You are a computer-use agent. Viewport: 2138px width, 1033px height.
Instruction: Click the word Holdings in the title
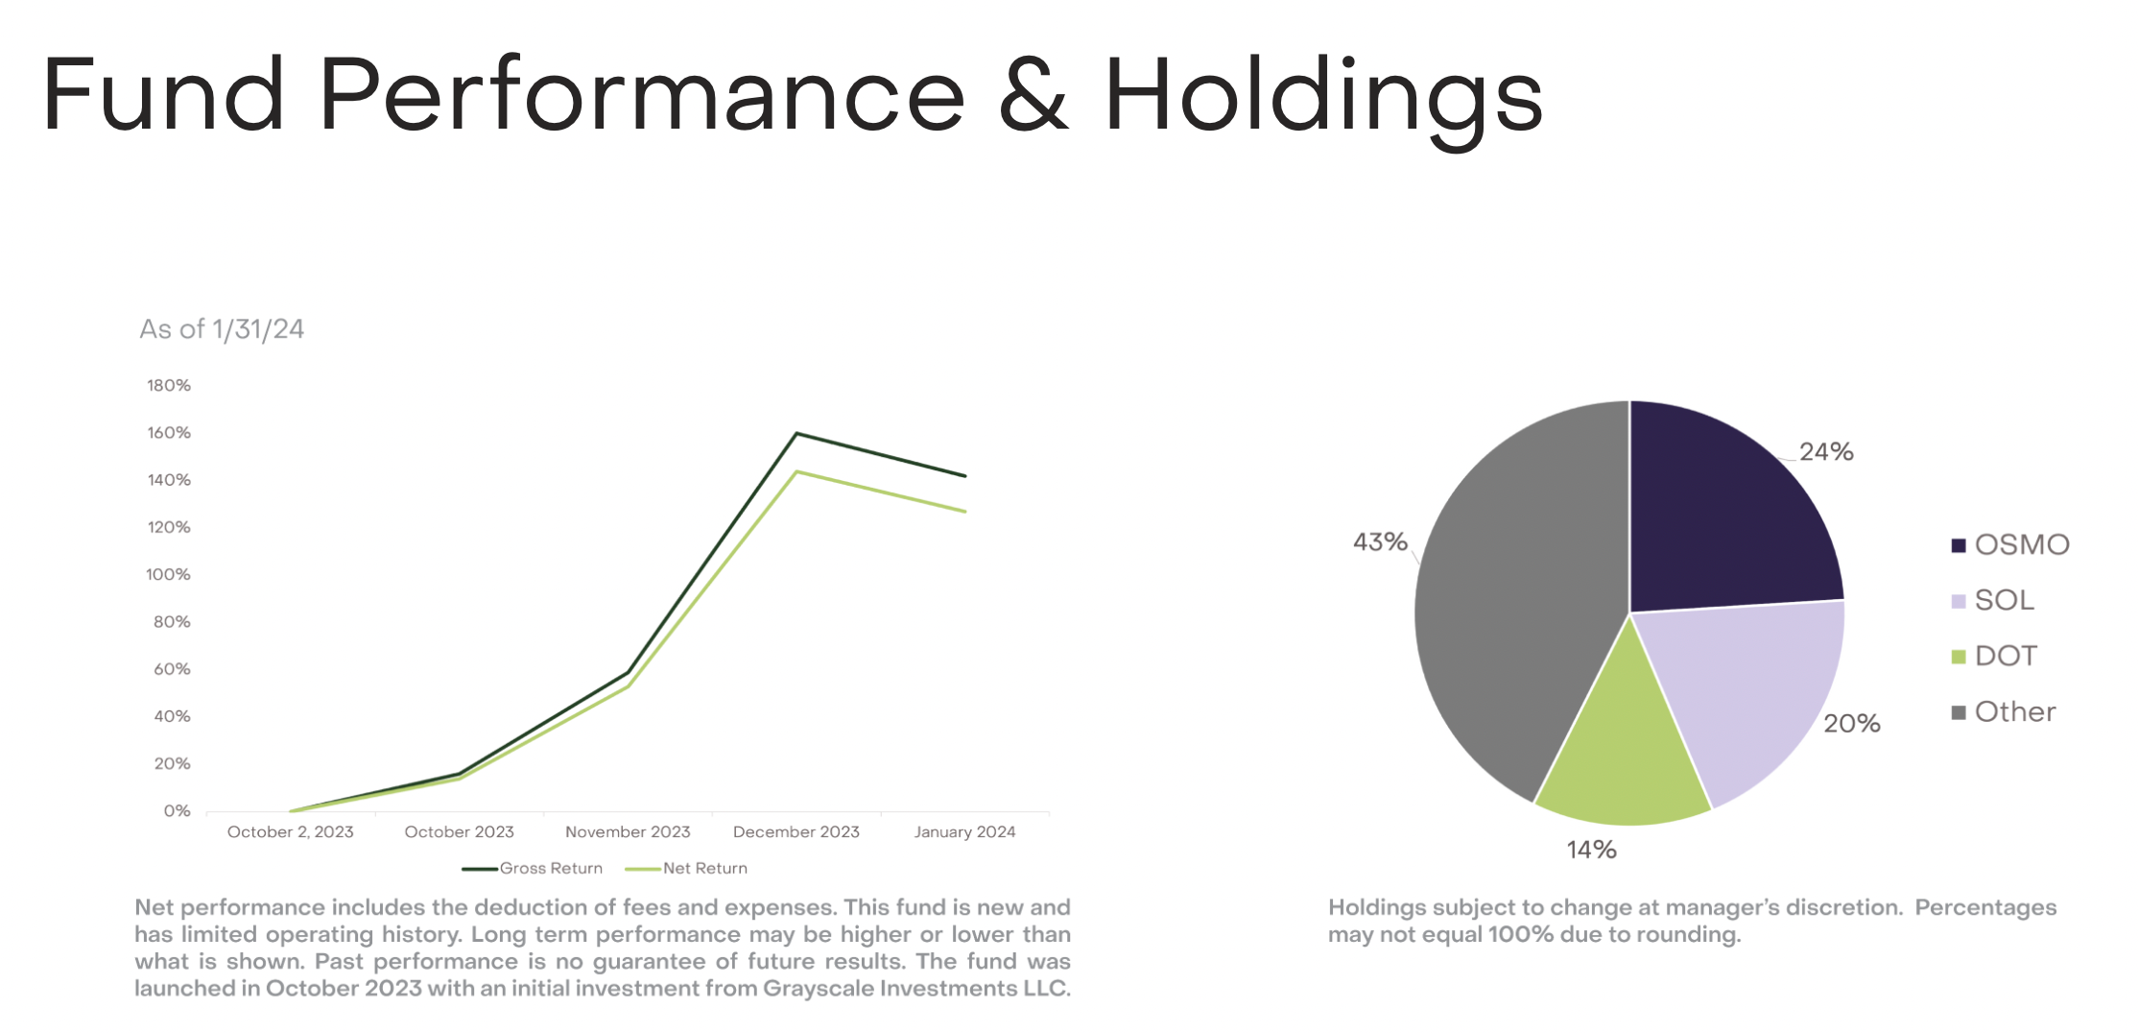[1323, 96]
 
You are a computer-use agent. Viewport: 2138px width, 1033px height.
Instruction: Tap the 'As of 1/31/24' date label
[222, 329]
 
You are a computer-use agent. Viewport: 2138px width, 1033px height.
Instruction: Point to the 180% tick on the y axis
[169, 386]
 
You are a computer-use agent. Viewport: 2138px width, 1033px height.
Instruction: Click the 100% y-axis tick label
[169, 575]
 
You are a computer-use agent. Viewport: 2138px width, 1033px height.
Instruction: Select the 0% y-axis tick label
[177, 811]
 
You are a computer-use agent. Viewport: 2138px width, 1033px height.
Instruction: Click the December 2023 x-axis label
[796, 832]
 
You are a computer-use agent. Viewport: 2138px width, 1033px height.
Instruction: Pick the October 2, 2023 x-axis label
[290, 832]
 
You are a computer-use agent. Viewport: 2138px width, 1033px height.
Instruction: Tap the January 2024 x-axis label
[964, 832]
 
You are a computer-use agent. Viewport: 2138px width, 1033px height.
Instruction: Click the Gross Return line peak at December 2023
[796, 434]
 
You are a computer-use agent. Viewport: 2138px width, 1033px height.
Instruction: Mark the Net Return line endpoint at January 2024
[964, 511]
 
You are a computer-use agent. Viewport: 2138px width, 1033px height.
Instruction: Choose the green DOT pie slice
[1622, 758]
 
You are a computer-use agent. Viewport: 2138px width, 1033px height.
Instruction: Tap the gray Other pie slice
[1507, 614]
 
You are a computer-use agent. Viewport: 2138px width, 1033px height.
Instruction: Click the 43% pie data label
[1380, 542]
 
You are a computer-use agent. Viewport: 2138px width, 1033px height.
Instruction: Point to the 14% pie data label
[1592, 850]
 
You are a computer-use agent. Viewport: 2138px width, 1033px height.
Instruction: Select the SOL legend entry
[2003, 601]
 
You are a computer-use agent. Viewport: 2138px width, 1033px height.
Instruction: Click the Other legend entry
[2014, 712]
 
